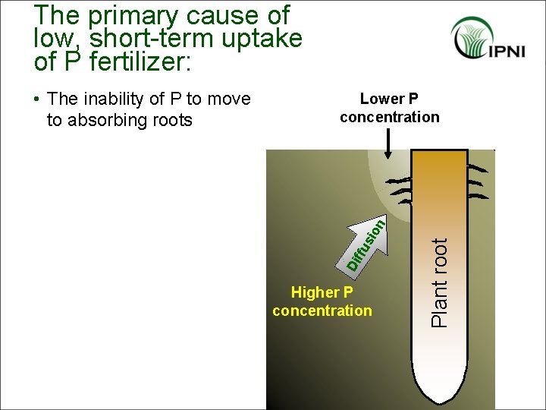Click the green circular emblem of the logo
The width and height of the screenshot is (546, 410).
472,38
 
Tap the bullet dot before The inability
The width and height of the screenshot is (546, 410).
38,99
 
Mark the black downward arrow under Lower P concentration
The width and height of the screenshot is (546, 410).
388,144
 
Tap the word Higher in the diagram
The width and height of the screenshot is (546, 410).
315,292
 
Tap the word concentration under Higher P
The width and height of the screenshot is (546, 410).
322,311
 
